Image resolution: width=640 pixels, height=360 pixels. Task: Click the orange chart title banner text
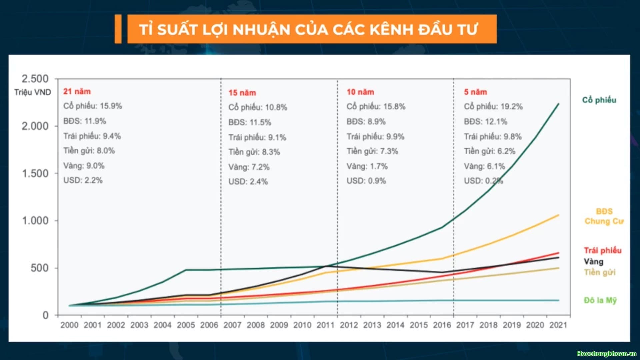pos(308,29)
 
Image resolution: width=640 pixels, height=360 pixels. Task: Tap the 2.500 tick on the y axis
pos(35,79)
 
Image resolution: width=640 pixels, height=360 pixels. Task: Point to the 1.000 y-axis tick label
pos(35,221)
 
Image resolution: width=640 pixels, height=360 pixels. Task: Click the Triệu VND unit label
pos(33,92)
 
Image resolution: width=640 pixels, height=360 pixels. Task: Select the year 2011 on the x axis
pos(325,325)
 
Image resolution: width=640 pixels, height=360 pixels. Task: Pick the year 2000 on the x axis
pos(69,325)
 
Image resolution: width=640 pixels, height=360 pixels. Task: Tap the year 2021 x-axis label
pos(558,325)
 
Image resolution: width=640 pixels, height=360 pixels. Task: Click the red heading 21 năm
pos(77,91)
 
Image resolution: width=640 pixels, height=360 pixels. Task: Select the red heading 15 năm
pos(242,93)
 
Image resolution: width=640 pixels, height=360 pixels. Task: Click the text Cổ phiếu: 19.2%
pos(493,107)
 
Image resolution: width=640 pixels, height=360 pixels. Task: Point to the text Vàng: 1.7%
pos(367,166)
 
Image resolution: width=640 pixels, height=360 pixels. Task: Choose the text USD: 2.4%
pos(248,182)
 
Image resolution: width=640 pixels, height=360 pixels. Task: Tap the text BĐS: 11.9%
pos(85,121)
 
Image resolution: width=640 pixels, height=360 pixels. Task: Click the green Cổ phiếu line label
pos(599,100)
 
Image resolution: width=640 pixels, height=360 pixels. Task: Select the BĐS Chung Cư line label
pos(604,216)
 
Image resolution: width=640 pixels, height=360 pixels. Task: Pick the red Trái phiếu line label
pos(603,250)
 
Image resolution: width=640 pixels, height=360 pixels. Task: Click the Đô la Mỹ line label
pos(600,300)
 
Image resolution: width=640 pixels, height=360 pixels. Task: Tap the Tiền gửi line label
pos(600,272)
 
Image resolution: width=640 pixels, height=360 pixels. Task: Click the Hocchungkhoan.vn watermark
pos(606,354)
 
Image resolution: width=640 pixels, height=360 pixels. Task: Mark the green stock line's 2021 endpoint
pos(559,104)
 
